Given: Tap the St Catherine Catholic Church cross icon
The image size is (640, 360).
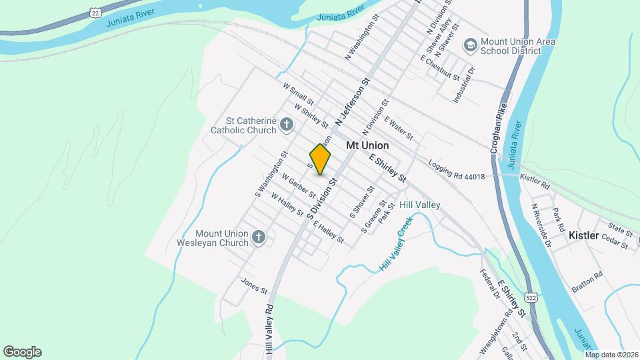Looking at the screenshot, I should point(286,125).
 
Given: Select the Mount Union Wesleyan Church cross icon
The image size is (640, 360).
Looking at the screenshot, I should point(259,237).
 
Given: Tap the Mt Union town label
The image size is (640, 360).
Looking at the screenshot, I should point(367,145).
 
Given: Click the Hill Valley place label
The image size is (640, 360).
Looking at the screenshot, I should point(419,205).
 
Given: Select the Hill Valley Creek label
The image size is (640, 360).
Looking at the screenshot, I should point(393,245).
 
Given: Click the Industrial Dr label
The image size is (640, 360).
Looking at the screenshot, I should point(465,84).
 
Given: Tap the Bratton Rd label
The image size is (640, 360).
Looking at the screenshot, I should point(587,281).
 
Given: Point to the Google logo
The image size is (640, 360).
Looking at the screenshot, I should point(22,351).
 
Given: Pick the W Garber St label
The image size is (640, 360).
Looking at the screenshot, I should point(298,187).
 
